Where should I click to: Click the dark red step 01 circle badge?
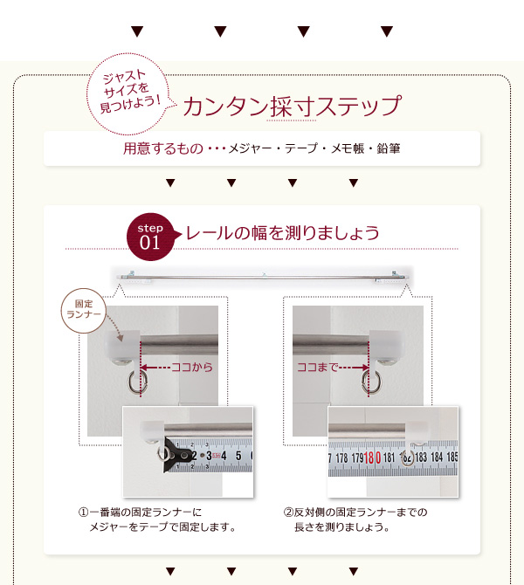(150, 237)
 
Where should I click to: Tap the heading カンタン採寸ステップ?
(293, 107)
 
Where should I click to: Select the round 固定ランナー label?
(84, 310)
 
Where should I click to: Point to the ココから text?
(192, 368)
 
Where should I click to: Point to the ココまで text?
(317, 368)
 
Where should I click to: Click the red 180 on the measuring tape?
(372, 458)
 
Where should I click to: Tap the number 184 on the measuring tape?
(437, 457)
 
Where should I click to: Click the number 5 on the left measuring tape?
(238, 456)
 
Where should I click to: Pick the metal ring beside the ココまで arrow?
(370, 382)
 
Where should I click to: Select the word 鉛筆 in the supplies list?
(389, 148)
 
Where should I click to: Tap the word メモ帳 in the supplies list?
(348, 148)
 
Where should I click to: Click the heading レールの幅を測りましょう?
(283, 233)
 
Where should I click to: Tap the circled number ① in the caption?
(83, 513)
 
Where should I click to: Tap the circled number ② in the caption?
(288, 513)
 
